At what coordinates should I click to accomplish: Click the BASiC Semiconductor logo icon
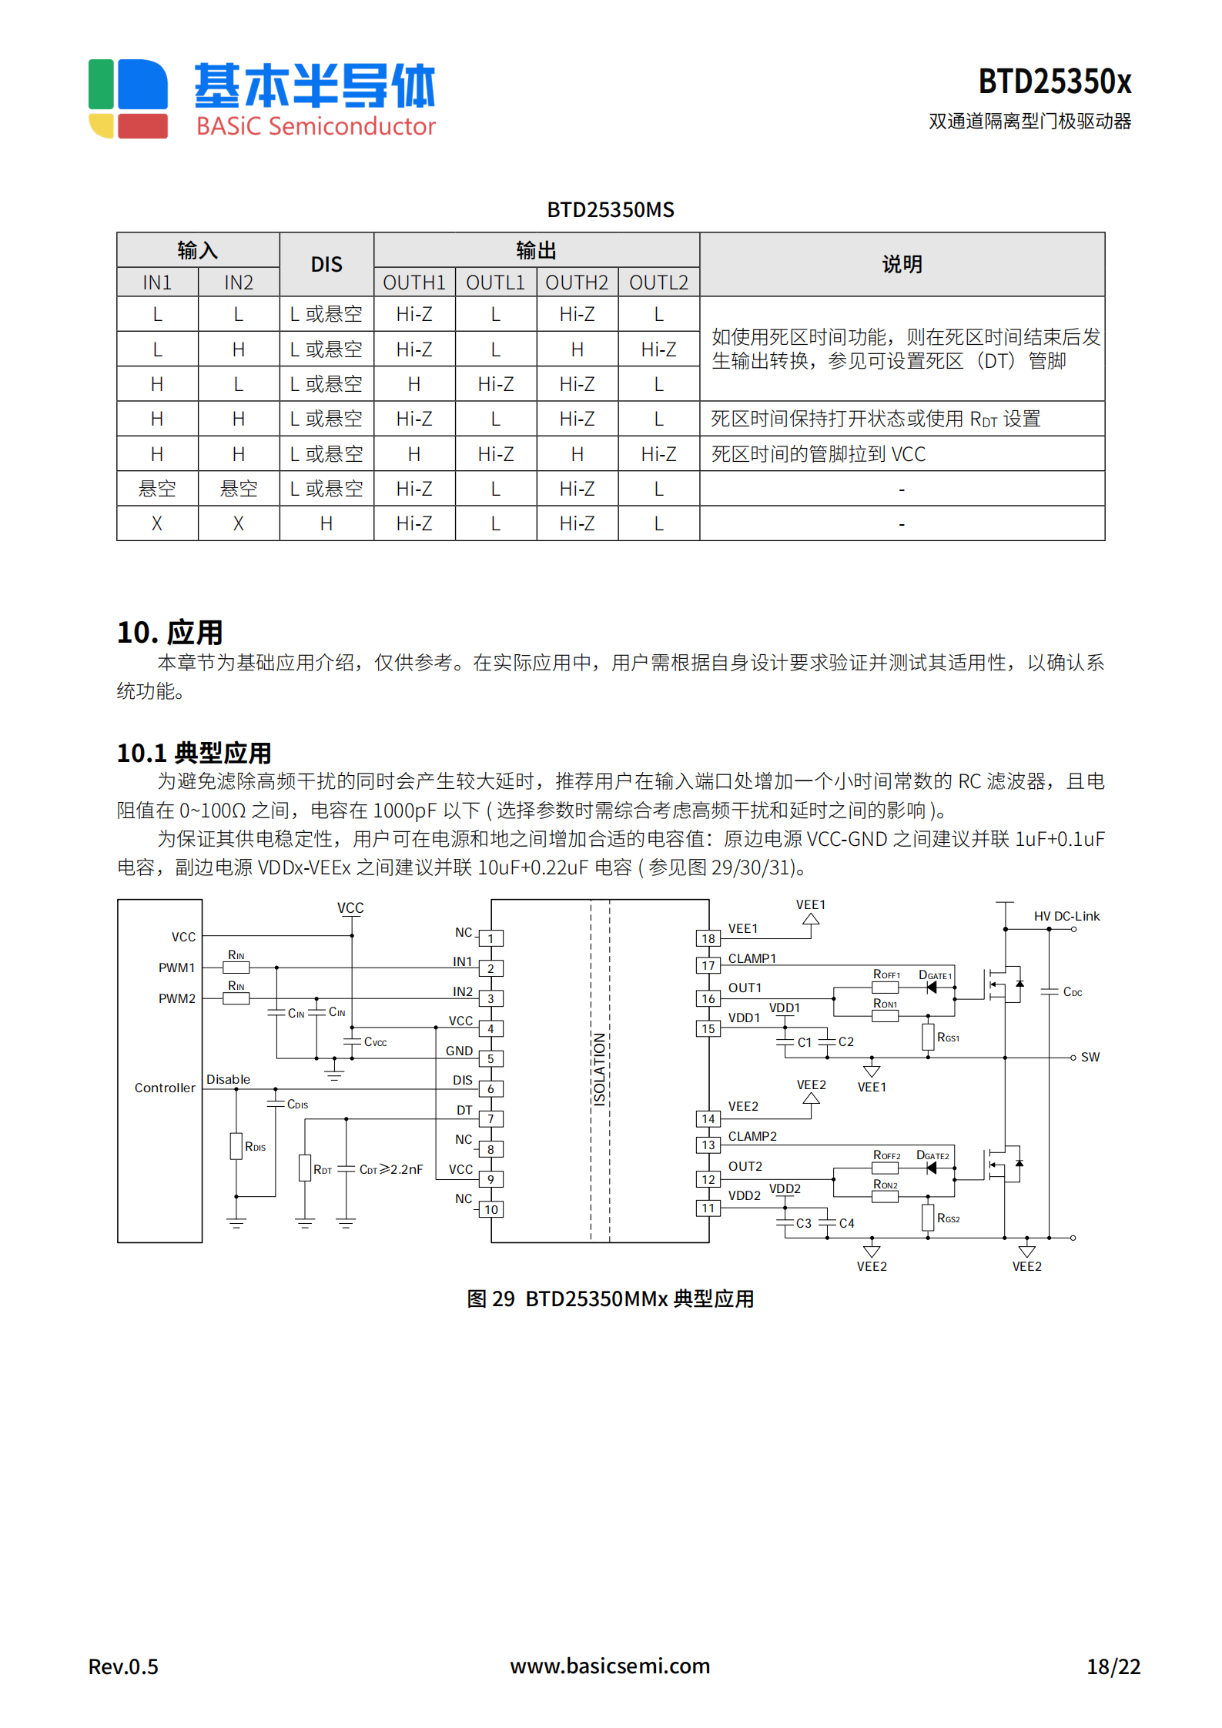128,99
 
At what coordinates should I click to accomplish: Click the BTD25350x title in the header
1053,82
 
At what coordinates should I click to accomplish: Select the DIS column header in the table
326,265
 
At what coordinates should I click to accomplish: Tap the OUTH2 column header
577,282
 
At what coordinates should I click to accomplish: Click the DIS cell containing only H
326,523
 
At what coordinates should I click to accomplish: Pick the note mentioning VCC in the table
818,454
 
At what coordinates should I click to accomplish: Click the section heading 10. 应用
170,632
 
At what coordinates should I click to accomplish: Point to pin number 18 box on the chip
708,938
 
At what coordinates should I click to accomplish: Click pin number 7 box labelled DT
490,1119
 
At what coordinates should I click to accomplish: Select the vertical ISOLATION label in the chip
599,1069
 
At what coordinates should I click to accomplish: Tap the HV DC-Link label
1066,916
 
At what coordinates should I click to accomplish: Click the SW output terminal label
1090,1058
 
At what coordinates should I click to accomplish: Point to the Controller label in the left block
165,1088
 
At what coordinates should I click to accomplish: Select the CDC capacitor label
1072,992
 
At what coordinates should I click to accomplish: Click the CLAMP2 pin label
752,1136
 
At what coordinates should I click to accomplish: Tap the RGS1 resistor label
948,1038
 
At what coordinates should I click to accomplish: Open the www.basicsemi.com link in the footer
610,1666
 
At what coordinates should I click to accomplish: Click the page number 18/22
1113,1666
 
